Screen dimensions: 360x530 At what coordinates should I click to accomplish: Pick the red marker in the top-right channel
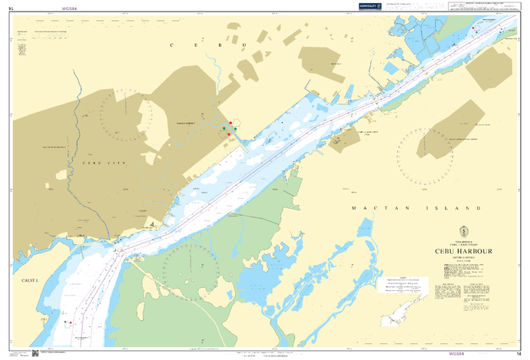[476, 33]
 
